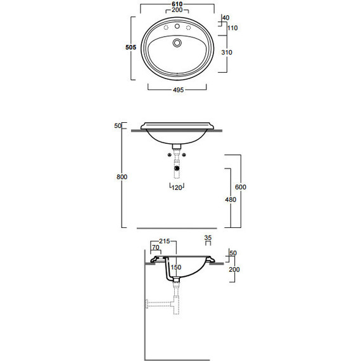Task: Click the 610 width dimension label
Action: coord(177,4)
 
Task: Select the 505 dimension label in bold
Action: coord(130,47)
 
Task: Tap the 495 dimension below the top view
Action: coord(178,90)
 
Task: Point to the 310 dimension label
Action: coord(227,53)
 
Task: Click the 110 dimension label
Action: coord(232,28)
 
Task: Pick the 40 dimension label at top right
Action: coord(226,18)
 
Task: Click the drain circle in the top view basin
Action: coord(177,42)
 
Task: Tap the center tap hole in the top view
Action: coord(177,27)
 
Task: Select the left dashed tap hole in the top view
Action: coord(166,28)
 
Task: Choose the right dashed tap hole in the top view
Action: coord(188,28)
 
